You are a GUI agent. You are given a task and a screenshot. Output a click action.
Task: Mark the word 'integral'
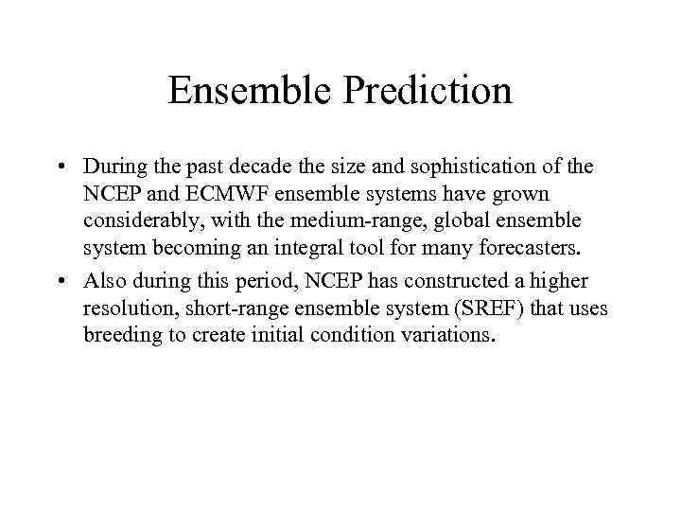tap(309, 246)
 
